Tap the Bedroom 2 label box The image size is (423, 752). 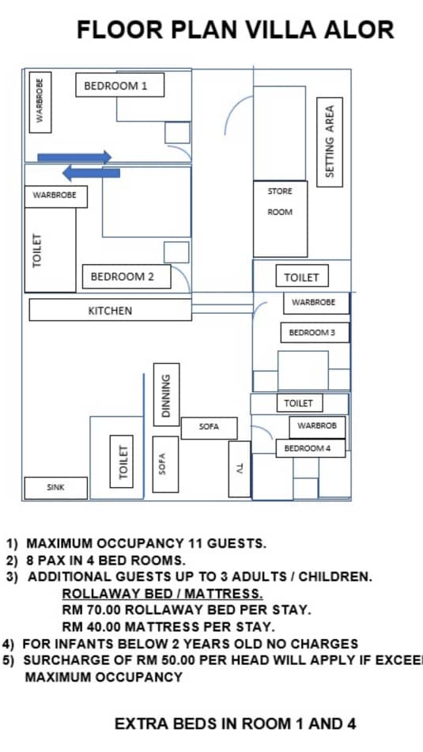[x=127, y=276]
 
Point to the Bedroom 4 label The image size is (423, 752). [x=310, y=448]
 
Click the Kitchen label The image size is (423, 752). [x=111, y=310]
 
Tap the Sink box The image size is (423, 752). [x=55, y=488]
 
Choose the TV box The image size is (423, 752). [x=240, y=469]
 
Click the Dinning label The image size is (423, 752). [x=166, y=395]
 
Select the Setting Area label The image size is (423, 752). [x=330, y=142]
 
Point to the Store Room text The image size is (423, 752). [x=280, y=202]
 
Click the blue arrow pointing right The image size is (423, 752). [x=74, y=157]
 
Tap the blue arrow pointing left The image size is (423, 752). [x=91, y=172]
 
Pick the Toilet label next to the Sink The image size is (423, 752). [x=122, y=462]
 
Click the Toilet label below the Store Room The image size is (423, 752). [x=302, y=277]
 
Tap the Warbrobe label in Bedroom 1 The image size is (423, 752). [x=40, y=102]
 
